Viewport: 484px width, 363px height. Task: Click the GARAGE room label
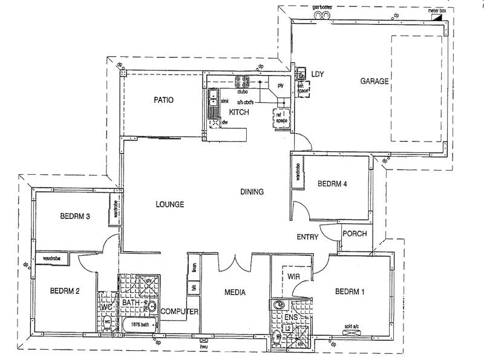[374, 81]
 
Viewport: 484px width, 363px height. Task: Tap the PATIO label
[163, 100]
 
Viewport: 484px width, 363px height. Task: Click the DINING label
[252, 192]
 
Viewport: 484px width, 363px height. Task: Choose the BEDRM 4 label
[332, 183]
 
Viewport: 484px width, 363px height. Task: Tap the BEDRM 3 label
[75, 216]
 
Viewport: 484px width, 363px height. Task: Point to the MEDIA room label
[235, 293]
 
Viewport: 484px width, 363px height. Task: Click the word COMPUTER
[180, 311]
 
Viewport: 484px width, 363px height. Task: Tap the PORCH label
[355, 234]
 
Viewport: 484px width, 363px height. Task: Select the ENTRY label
[307, 237]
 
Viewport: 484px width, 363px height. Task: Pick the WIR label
[294, 276]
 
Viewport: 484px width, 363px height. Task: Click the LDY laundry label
[318, 74]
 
